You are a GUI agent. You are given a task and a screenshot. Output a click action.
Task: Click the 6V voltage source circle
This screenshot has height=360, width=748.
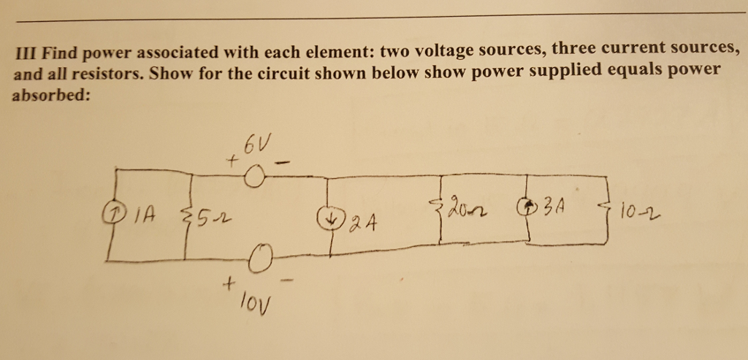click(254, 178)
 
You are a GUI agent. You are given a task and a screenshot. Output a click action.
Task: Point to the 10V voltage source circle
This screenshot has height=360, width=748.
click(259, 258)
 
